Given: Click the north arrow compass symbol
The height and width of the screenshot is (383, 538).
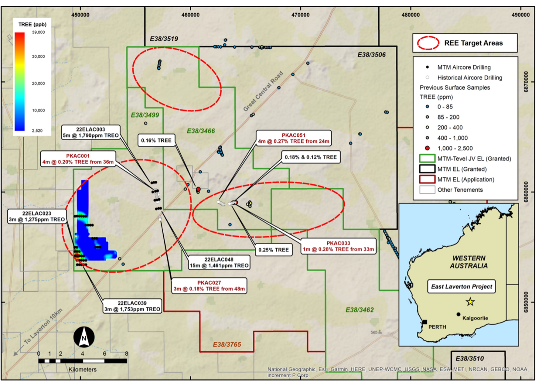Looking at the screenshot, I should (84, 337).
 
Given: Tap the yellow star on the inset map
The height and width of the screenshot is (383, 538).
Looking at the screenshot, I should (470, 302).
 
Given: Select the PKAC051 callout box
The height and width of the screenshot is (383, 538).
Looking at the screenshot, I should (293, 138).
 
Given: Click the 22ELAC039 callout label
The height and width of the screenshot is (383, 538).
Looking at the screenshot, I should (132, 306).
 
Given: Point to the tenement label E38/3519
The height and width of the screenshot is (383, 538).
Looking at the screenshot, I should (164, 39).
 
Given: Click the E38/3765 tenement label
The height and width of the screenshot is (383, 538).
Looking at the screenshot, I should (227, 344).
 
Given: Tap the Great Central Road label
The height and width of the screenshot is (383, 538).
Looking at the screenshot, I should (263, 91).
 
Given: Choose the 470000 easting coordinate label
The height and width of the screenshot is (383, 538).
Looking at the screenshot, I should (300, 15).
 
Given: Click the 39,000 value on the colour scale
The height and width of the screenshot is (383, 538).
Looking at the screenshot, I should (38, 32).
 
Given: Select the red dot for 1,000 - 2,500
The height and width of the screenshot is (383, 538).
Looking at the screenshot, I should (427, 148).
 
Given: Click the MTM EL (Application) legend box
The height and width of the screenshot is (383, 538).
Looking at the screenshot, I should (427, 179).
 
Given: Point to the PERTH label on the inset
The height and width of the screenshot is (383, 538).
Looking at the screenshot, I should (437, 327).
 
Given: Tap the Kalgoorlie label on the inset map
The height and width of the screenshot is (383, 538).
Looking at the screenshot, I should (475, 318).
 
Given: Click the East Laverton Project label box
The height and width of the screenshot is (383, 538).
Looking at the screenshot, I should (462, 286).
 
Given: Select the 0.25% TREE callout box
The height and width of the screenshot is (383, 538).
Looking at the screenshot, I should (273, 250).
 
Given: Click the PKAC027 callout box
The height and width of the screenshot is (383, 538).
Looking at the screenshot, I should (209, 286).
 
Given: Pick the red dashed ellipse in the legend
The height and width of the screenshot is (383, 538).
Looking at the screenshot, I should (428, 43).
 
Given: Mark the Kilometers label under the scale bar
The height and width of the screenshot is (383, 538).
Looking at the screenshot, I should (83, 369).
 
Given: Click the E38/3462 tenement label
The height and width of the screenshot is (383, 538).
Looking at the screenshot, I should (360, 310).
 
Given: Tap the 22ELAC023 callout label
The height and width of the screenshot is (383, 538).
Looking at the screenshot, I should (37, 216).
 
